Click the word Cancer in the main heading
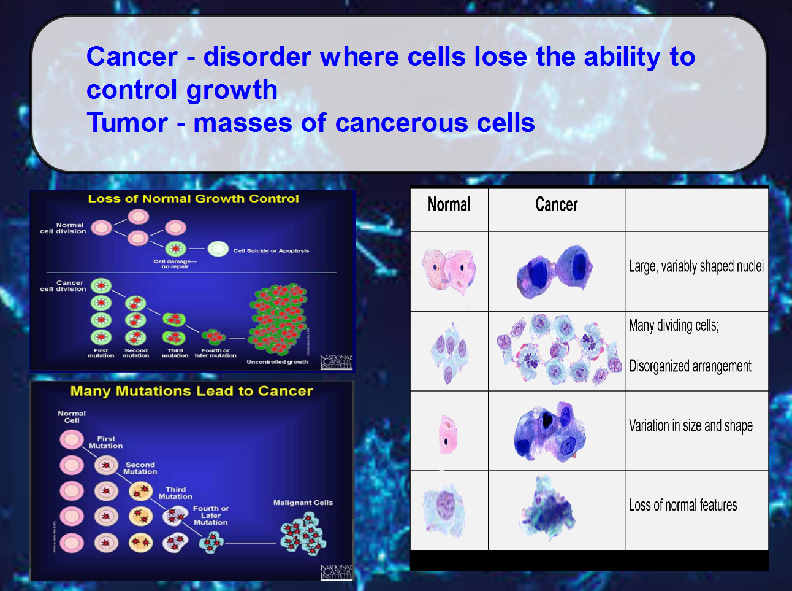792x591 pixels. pos(132,56)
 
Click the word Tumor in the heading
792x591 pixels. pos(127,123)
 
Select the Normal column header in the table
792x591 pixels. pos(449,204)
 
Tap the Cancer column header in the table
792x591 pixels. pos(556,204)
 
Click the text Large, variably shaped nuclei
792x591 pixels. pos(696,266)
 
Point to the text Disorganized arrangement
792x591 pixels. pos(690,366)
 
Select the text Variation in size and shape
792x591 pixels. pos(690,426)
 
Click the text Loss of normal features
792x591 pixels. pos(682,505)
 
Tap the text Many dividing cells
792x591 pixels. pos(674,325)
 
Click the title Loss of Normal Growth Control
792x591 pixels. pos(193,199)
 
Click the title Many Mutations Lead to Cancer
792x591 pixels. pos(191,392)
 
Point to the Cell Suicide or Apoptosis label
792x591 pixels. pos(271,250)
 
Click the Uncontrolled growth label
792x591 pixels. pos(277,362)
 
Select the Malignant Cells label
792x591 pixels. pos(303,503)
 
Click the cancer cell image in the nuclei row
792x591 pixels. pos(555,271)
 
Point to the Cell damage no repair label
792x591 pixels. pos(175,264)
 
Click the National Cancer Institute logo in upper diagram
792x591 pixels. pos(337,362)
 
